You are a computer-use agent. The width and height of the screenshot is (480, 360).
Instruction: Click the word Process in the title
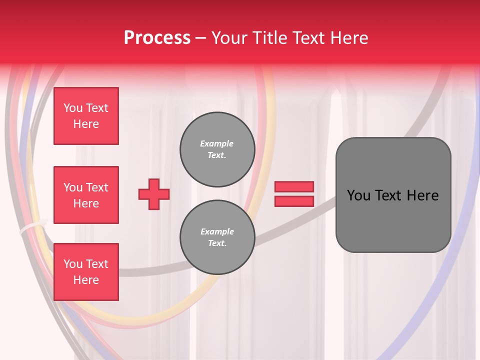[x=157, y=38]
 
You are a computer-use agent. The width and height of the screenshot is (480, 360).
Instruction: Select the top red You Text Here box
[x=86, y=116]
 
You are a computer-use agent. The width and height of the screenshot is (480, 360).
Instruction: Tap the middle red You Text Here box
[x=86, y=195]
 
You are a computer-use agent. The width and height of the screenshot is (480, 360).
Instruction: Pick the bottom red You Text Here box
[x=86, y=272]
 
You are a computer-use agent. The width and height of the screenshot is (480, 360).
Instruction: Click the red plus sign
[x=154, y=194]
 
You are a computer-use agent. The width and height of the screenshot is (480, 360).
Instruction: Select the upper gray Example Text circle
[x=217, y=149]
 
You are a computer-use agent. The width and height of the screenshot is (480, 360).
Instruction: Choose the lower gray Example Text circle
[x=217, y=237]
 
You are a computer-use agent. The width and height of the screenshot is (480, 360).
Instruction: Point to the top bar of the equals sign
[x=294, y=186]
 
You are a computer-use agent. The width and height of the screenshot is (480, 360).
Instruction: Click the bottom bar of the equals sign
[x=294, y=201]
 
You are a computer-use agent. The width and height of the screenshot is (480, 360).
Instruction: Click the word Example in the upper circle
[x=217, y=143]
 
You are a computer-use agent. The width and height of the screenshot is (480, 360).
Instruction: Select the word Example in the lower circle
[x=217, y=231]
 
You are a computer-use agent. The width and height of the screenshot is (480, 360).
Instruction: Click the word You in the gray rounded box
[x=358, y=195]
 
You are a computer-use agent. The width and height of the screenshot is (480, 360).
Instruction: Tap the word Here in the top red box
[x=86, y=124]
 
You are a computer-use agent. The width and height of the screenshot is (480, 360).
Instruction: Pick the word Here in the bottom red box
[x=86, y=280]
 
